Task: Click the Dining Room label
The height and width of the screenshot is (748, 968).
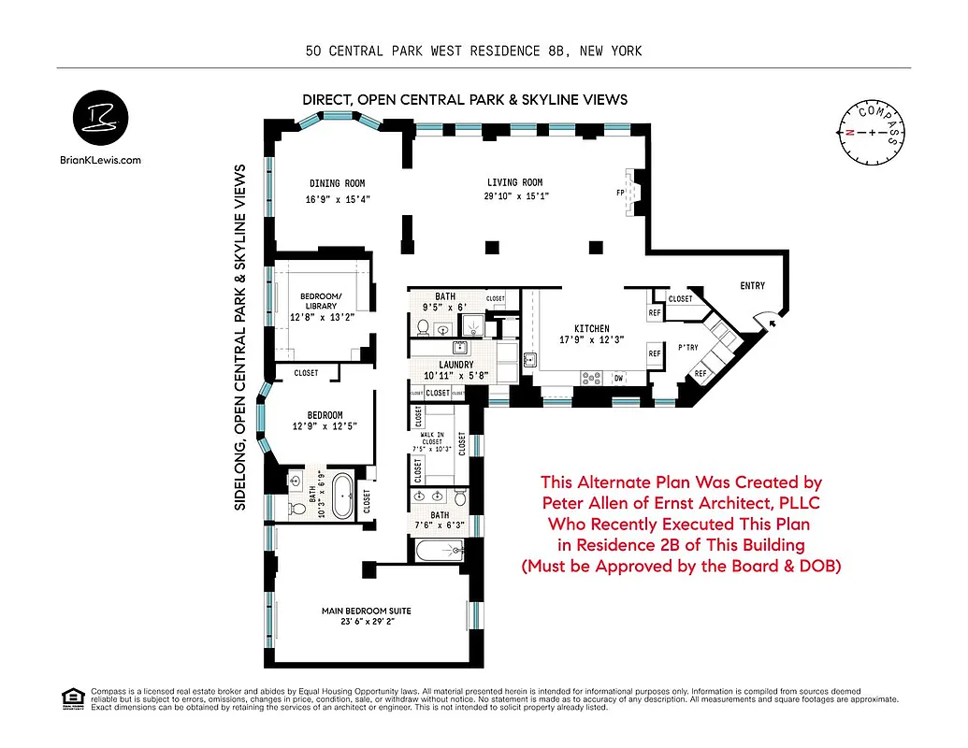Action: point(337,183)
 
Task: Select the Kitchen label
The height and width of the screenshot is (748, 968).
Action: point(591,328)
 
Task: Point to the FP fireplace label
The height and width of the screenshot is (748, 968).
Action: point(620,192)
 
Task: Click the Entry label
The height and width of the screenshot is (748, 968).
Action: point(752,286)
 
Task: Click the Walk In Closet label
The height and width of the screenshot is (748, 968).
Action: point(431,436)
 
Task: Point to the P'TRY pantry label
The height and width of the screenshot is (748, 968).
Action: point(688,347)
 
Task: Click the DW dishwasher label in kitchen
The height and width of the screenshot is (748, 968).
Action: point(618,378)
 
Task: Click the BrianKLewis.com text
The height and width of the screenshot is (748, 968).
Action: point(99,160)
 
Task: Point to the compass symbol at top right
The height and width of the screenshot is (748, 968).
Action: point(872,133)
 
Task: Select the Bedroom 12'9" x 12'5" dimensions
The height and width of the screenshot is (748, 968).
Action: point(325,426)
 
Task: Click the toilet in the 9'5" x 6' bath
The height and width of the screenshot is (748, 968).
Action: point(423,327)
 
